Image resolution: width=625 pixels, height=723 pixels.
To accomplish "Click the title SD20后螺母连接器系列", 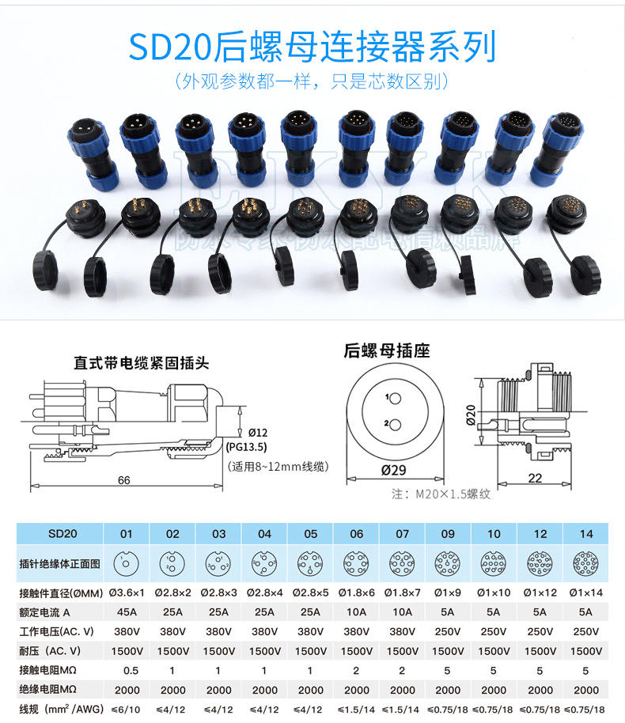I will pos(312,47).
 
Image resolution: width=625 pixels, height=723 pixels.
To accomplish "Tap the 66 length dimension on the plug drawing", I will pos(124,480).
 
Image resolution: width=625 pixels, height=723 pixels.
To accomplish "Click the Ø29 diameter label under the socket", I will pos(393,470).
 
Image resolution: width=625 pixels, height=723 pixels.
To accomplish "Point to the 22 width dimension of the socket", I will pos(534,477).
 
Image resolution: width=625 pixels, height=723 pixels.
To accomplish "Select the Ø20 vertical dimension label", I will pos(471,414).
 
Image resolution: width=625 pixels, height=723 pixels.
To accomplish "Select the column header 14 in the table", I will pos(585,534).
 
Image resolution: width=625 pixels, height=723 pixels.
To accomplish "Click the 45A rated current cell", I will pos(127,611).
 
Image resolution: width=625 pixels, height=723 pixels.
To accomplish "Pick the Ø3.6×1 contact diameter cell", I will pos(127,592).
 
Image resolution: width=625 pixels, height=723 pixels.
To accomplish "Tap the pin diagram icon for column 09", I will pos(448,563).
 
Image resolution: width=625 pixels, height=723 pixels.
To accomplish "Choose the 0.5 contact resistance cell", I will pos(127,669).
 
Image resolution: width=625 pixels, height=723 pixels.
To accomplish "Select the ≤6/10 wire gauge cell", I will pos(127,709).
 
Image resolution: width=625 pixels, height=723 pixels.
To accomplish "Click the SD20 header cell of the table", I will pos(61,534).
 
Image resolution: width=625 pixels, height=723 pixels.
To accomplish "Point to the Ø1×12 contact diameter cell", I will pos(540,592).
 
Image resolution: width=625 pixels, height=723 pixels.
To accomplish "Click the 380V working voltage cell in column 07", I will pos(402,631).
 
